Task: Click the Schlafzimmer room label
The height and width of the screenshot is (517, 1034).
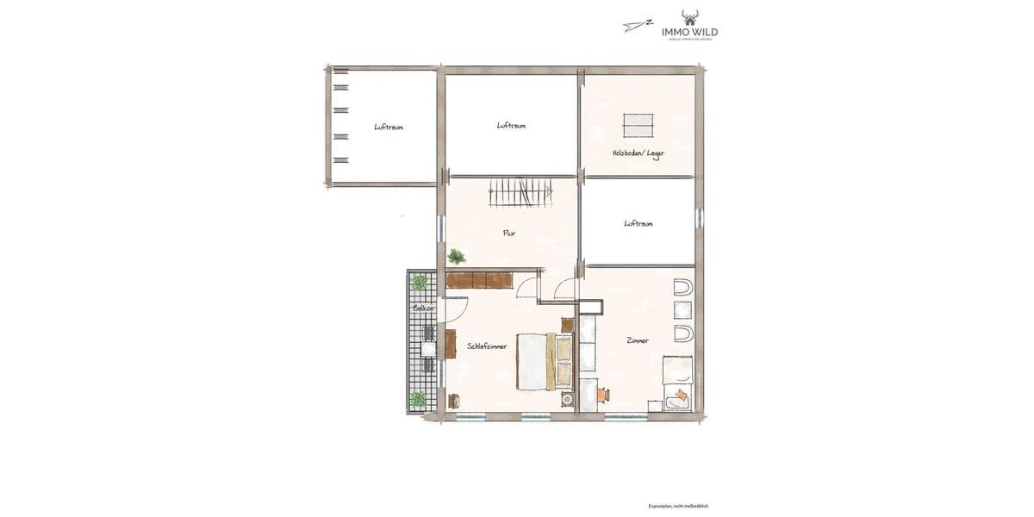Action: [x=487, y=346]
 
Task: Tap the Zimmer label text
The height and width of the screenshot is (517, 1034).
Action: [x=638, y=340]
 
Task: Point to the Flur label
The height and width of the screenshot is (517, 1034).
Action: [x=509, y=233]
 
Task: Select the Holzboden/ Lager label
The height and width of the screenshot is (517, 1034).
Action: [x=638, y=153]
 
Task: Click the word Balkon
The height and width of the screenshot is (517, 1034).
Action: [x=423, y=308]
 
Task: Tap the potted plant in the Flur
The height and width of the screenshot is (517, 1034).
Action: [x=456, y=256]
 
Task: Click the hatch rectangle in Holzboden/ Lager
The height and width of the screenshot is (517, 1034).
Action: [x=639, y=125]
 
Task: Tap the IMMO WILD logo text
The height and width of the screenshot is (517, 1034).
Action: [x=689, y=32]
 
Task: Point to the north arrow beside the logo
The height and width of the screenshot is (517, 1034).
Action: [x=637, y=25]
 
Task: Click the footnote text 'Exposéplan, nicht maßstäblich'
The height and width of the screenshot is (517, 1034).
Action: [x=678, y=506]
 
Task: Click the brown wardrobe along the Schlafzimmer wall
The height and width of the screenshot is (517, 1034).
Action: [x=480, y=280]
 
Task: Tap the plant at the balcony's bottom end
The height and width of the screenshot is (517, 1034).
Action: [x=420, y=399]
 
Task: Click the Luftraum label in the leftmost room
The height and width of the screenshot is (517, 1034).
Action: [x=389, y=127]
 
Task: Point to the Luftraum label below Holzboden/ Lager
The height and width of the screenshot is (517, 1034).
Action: [x=638, y=223]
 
